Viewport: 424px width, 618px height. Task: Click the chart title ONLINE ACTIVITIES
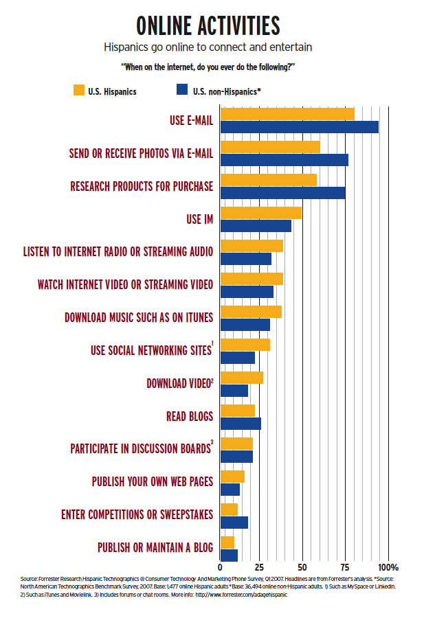click(208, 25)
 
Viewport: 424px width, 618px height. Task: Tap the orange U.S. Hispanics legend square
click(78, 90)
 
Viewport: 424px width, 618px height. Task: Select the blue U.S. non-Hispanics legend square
click(182, 90)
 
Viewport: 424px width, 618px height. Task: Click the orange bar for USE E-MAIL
click(287, 114)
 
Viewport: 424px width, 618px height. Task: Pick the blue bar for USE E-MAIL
click(299, 127)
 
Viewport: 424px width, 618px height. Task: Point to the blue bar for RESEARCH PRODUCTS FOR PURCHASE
click(282, 193)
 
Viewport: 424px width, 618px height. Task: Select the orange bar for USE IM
click(260, 213)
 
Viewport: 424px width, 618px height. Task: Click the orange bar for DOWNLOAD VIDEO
click(241, 378)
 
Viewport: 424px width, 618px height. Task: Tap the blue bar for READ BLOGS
click(241, 424)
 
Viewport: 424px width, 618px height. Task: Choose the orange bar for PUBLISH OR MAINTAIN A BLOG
click(227, 542)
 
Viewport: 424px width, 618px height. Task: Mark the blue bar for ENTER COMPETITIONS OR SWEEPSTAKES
click(234, 523)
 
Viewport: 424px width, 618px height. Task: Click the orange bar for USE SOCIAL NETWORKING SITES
click(245, 345)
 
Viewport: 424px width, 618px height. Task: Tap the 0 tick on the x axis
click(221, 568)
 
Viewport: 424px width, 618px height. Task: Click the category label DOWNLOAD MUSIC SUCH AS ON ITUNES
click(138, 318)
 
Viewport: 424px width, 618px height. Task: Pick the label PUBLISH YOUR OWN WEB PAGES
click(152, 481)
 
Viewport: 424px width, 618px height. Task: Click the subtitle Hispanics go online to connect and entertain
click(208, 47)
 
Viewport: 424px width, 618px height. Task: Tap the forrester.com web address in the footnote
click(244, 595)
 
